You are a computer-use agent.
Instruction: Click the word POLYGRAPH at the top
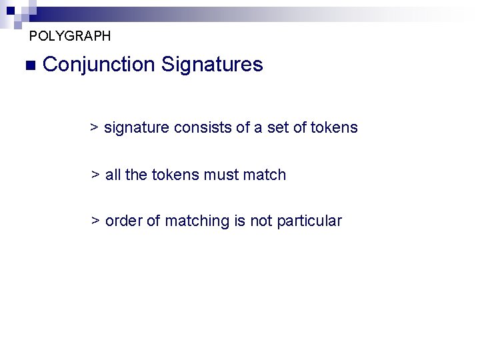click(x=70, y=35)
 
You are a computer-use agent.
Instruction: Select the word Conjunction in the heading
click(x=98, y=65)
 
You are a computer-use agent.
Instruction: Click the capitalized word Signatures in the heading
click(x=212, y=65)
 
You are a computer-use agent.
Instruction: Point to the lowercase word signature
click(x=137, y=127)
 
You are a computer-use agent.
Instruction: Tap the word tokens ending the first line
click(x=335, y=127)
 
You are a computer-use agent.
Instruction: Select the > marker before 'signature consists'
click(x=95, y=127)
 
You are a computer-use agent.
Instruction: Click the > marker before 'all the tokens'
click(x=95, y=175)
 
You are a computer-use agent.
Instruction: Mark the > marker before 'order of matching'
click(x=95, y=221)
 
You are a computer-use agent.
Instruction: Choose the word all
click(x=113, y=175)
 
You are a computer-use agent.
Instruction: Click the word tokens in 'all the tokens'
click(x=175, y=175)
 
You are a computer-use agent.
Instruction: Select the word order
click(x=124, y=221)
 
